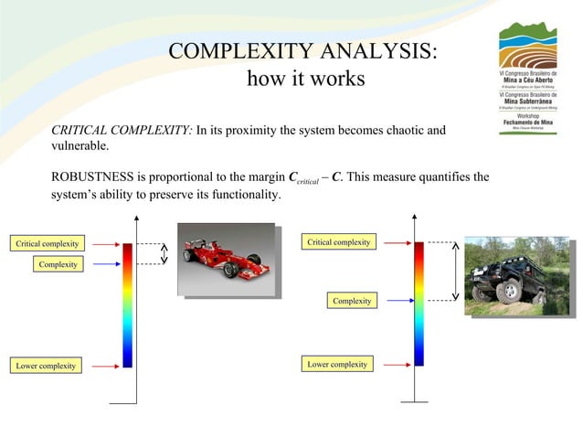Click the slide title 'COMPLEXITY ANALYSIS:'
304,50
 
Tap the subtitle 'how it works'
305,80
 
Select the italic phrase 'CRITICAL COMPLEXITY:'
122,131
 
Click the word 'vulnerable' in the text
79,146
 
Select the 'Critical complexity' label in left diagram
46,243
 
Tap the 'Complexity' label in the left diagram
57,264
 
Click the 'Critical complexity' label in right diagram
338,242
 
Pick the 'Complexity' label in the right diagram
351,300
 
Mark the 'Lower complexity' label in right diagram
336,364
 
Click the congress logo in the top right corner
526,78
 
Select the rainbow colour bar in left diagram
128,304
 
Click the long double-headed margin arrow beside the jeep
455,271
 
